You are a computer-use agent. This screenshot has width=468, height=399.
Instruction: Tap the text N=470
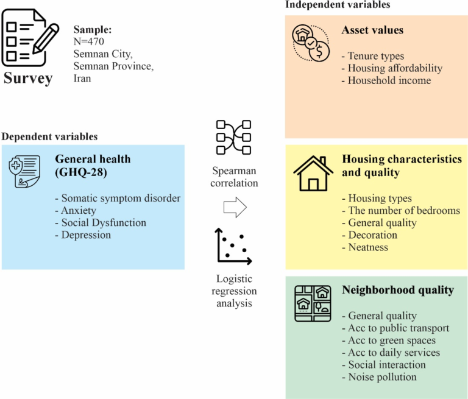tap(90, 42)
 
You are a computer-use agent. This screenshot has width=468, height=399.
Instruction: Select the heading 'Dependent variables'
tap(49, 136)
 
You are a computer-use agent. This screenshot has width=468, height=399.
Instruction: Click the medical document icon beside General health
tap(25, 173)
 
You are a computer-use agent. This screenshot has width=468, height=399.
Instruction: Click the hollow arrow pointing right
tap(235, 208)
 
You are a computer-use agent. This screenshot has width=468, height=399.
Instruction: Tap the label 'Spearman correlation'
tap(235, 177)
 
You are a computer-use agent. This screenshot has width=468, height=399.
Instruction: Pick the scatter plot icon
tap(233, 245)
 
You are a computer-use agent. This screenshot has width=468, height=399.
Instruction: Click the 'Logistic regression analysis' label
tap(235, 290)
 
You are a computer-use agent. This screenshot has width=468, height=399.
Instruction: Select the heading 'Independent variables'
tap(338, 5)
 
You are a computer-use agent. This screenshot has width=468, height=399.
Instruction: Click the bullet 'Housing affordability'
tap(395, 68)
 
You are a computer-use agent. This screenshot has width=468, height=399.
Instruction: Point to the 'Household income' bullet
tap(389, 80)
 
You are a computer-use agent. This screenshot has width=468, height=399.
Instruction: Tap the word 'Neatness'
tap(368, 247)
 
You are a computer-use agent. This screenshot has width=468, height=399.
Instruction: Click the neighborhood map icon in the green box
tap(313, 303)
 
